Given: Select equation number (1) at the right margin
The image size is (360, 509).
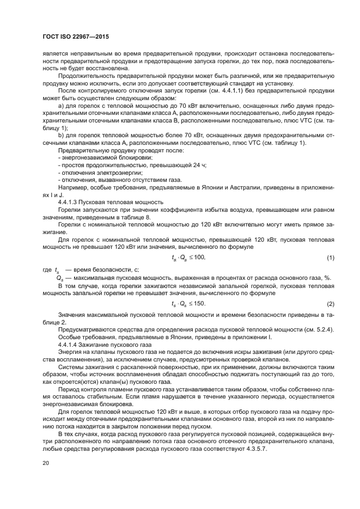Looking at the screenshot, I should coord(330,257).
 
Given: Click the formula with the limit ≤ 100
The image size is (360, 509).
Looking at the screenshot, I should coord(188,257).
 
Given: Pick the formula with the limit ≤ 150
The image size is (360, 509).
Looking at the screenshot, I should coord(188,303).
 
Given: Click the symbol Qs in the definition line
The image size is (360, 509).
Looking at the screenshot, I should coord(59,278).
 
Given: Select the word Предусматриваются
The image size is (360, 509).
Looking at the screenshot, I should coord(86,330).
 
